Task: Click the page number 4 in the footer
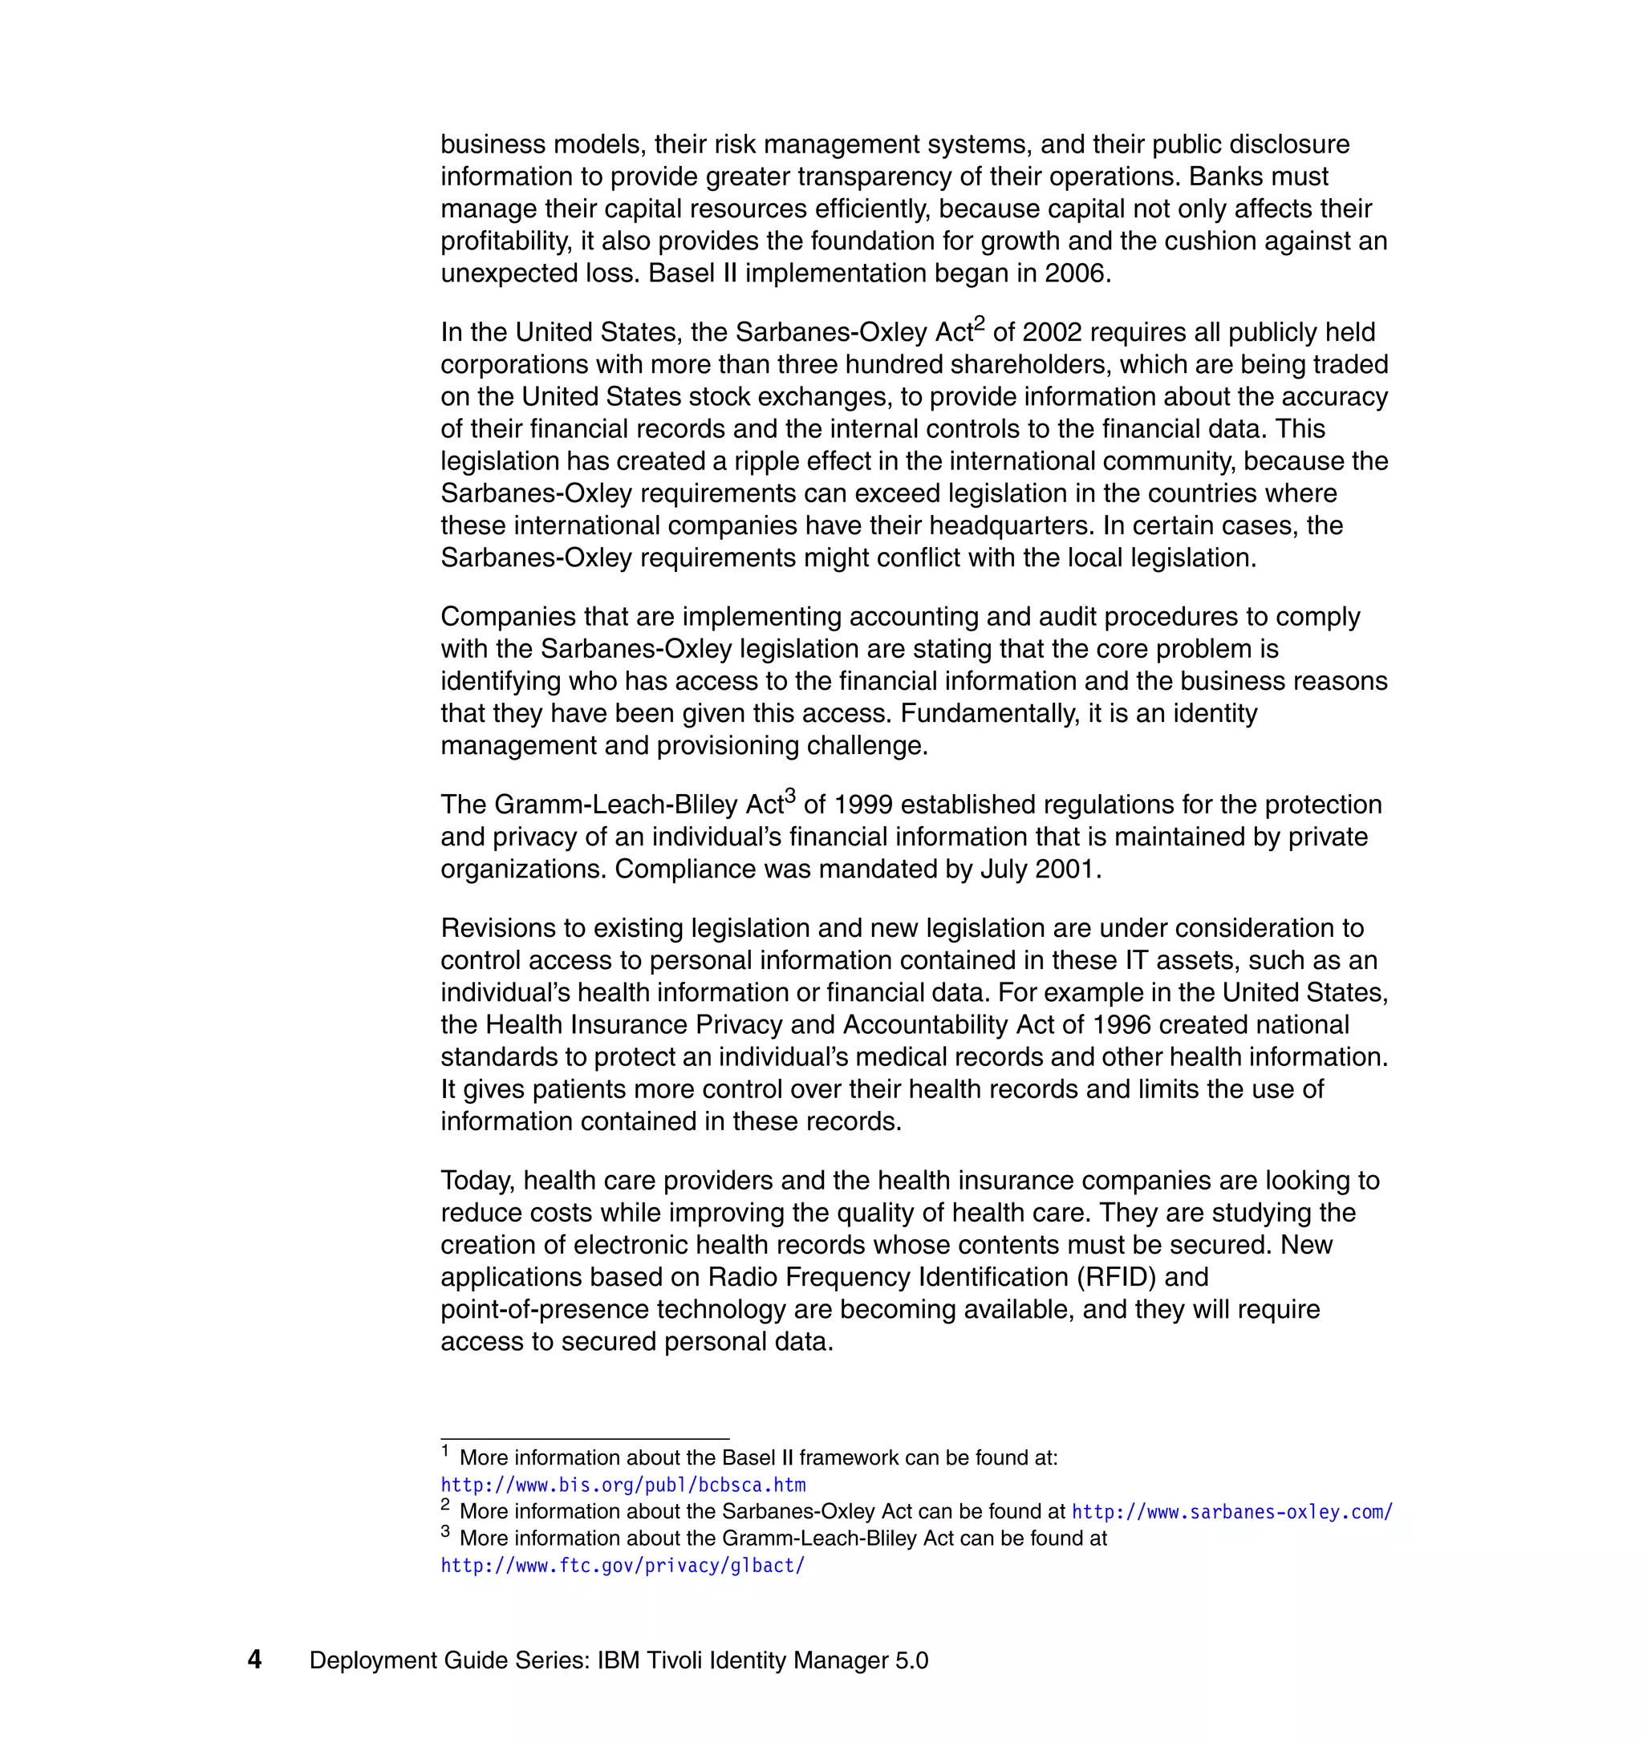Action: (x=254, y=1660)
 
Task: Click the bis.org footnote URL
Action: (x=623, y=1485)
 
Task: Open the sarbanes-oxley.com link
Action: (x=1231, y=1512)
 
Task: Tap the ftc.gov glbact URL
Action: (x=622, y=1566)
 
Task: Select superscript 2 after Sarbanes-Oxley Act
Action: (x=980, y=323)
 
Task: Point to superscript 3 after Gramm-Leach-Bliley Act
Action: (x=790, y=795)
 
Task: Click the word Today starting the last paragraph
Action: (x=477, y=1182)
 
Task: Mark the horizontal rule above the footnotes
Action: (x=584, y=1439)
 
